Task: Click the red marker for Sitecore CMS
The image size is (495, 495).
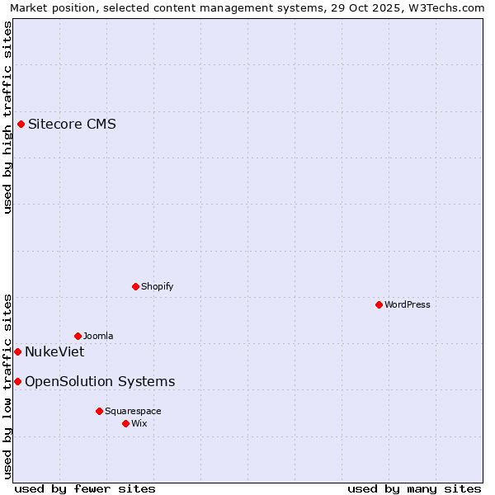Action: [21, 125]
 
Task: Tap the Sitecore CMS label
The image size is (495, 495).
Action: [72, 125]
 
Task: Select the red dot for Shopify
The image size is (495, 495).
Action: [135, 286]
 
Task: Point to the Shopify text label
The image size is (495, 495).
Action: [157, 286]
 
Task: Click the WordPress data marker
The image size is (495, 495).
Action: [379, 304]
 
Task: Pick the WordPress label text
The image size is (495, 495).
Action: [407, 304]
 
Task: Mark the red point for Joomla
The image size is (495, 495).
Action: [78, 336]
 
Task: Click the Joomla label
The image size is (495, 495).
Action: [98, 336]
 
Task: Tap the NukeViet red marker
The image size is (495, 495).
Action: [17, 351]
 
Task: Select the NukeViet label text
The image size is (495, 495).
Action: [54, 351]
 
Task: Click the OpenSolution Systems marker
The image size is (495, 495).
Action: [17, 381]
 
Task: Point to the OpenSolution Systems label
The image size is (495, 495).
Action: [100, 381]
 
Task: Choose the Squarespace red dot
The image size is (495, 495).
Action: [99, 411]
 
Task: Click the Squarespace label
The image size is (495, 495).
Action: [133, 411]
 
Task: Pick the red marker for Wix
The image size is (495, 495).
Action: [125, 423]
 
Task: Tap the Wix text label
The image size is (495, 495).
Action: [139, 423]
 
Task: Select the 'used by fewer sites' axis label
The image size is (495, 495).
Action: [85, 488]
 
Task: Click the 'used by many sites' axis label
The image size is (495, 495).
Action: [414, 488]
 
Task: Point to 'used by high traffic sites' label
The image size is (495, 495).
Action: [7, 118]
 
